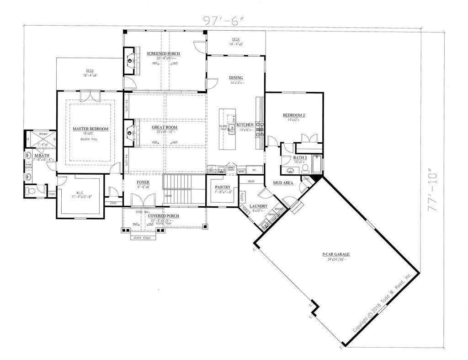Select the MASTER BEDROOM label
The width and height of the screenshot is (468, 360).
point(90,129)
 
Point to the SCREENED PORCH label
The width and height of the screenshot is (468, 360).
point(163,54)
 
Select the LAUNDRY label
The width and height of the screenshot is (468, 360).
point(258,206)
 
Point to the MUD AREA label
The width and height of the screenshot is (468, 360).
point(283,183)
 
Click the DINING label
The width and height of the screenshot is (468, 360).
point(236,78)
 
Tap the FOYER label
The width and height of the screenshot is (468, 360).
point(143,182)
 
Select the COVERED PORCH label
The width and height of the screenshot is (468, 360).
point(163,216)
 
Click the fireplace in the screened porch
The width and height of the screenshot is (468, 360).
point(132,59)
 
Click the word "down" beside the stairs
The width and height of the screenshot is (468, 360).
point(168,195)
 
